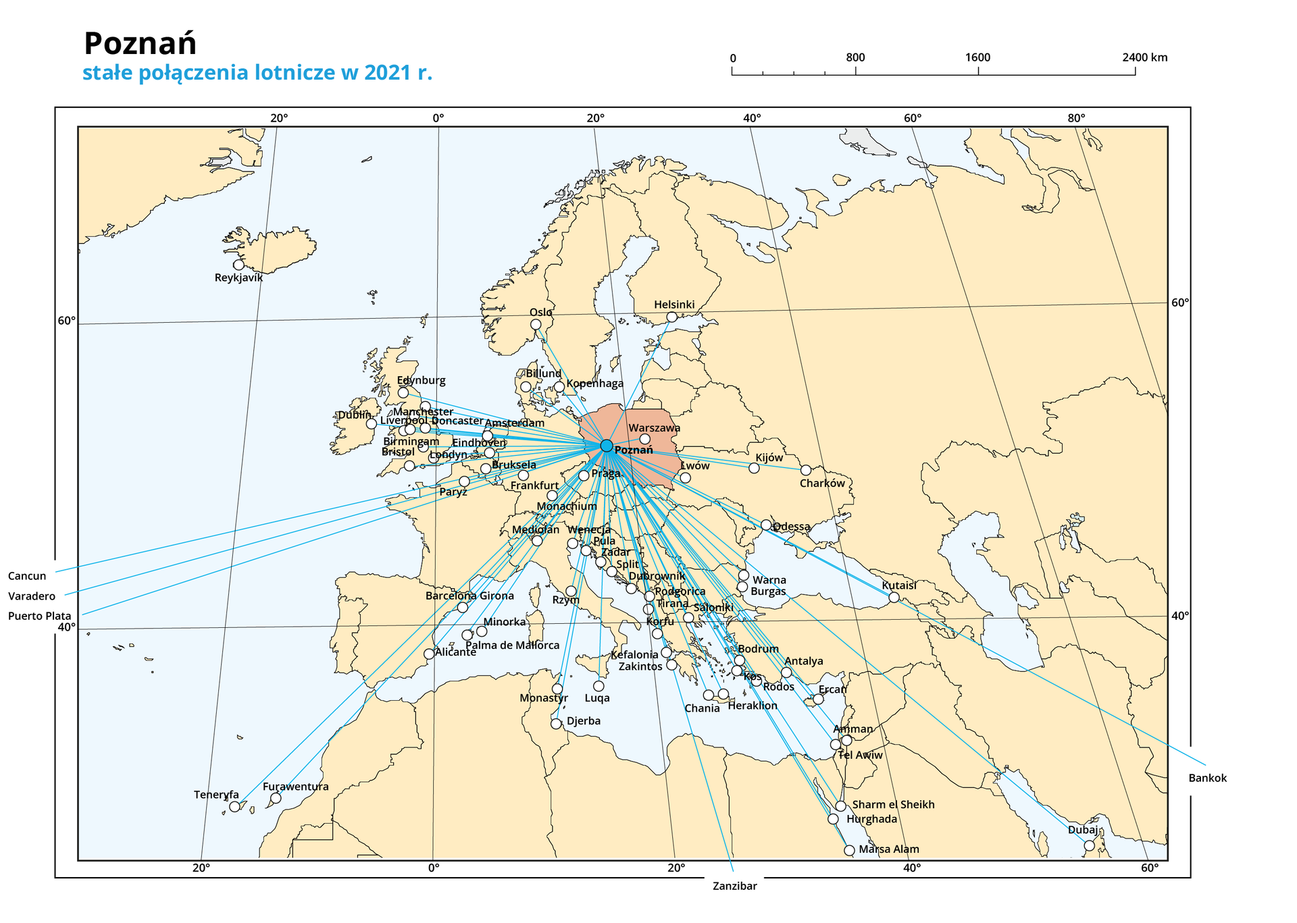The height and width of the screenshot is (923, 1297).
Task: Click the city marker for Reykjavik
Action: [238, 265]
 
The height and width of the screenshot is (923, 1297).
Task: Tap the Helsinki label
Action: [673, 305]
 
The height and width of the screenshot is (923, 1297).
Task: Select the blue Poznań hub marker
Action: [606, 446]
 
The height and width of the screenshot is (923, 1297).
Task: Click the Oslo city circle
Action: [536, 324]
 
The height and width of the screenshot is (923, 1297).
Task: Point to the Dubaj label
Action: [1082, 830]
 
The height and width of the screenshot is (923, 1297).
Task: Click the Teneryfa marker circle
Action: [234, 806]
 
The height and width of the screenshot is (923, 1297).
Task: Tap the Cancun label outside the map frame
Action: [27, 576]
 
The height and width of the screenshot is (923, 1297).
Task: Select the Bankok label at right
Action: [1207, 778]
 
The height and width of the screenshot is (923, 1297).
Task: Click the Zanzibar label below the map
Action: [734, 886]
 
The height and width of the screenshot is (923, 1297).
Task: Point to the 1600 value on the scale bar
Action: [977, 57]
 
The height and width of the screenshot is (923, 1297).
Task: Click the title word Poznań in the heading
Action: [140, 44]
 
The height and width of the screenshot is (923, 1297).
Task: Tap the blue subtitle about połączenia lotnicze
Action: [257, 72]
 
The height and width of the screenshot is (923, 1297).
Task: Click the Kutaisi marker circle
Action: [894, 597]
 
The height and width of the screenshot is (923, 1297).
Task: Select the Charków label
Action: [821, 483]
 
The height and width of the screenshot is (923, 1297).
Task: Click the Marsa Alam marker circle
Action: [849, 850]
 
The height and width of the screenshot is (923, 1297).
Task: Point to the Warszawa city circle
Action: [644, 439]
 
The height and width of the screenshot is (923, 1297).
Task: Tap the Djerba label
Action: [583, 720]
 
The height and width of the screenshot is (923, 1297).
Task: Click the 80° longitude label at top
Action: [1075, 119]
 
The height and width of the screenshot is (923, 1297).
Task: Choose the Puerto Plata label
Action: [39, 616]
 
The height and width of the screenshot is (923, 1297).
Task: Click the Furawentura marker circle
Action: [276, 798]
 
